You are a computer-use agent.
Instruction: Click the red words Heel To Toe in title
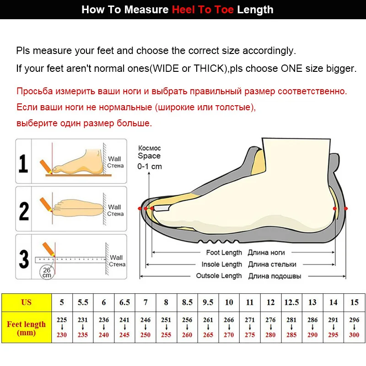203,10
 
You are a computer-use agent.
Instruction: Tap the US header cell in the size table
26,302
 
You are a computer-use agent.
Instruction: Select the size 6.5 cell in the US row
124,302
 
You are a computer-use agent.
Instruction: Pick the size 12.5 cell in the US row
291,302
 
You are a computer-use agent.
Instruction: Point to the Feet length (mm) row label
26,328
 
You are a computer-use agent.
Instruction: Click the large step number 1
23,163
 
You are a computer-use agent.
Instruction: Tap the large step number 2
24,210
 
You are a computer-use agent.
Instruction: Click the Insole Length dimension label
221,264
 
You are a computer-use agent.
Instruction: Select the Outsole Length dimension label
219,276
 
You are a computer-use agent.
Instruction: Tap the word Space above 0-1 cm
149,156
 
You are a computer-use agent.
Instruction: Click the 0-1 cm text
150,167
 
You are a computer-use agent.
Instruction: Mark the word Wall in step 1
114,159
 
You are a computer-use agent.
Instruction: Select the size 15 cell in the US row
354,302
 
